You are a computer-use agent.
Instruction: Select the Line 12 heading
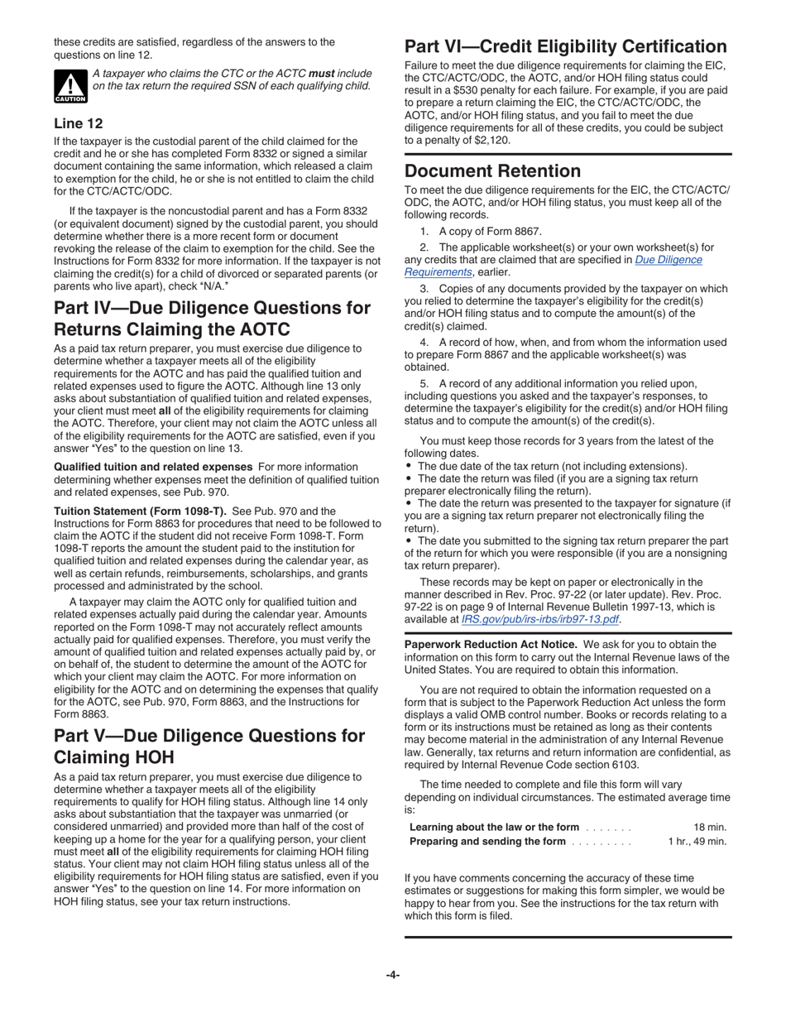click(x=79, y=123)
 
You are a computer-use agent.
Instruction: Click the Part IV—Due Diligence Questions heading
click(x=212, y=319)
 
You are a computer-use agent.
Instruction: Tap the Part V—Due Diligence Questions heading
click(x=208, y=747)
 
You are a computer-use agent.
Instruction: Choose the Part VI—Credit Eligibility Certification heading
click(x=565, y=46)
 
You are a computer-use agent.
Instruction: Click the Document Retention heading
click(x=492, y=171)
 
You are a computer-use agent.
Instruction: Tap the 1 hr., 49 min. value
click(x=697, y=841)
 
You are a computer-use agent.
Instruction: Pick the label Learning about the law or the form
click(x=494, y=827)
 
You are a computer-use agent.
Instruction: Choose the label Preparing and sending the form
click(x=487, y=841)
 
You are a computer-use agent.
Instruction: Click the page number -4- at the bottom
click(x=393, y=974)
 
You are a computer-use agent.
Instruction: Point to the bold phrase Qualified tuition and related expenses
click(x=153, y=467)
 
